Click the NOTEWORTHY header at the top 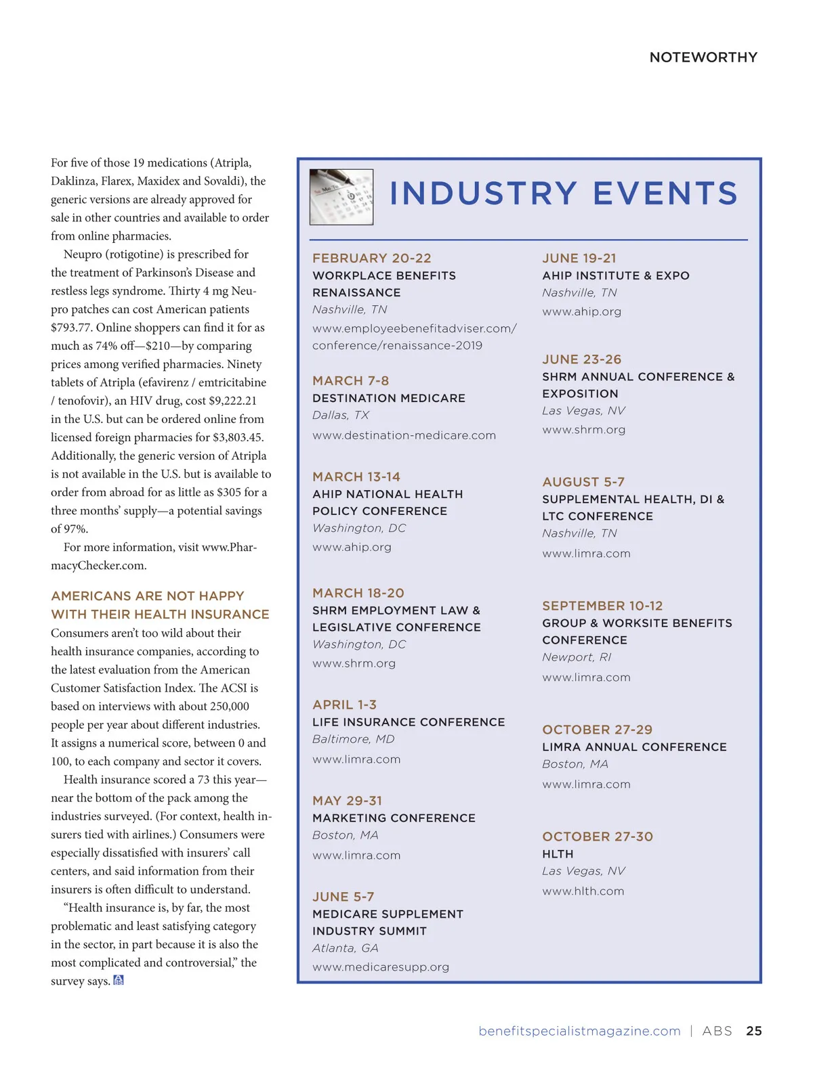[x=703, y=58]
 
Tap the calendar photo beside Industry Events [x=341, y=196]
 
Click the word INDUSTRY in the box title [x=483, y=194]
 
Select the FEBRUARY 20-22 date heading [x=371, y=258]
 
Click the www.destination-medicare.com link [x=404, y=435]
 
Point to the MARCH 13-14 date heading [x=356, y=476]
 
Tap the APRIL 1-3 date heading [x=344, y=705]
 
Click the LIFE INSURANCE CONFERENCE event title [x=409, y=722]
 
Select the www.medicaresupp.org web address [x=381, y=967]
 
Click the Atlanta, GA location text [x=345, y=948]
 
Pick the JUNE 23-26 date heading [x=581, y=359]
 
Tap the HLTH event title [x=558, y=854]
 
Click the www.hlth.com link [x=583, y=891]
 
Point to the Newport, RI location [x=577, y=657]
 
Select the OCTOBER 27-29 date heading [x=597, y=730]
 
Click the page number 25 [x=753, y=1031]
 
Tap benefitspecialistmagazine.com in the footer [x=579, y=1031]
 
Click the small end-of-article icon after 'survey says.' [x=119, y=980]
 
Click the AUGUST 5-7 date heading [x=583, y=482]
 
